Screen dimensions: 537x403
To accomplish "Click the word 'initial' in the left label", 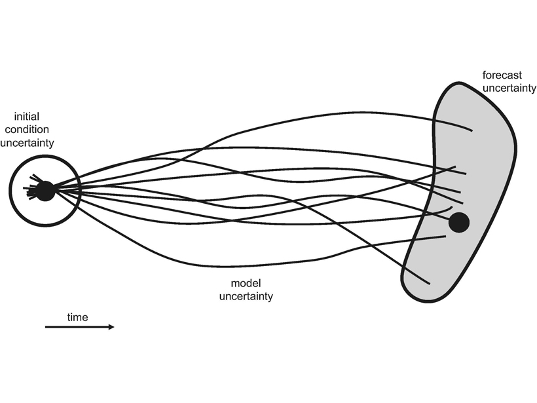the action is coord(27,117).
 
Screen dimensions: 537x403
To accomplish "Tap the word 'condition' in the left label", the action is coord(27,130).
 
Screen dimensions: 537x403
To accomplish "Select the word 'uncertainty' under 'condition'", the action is coord(27,143).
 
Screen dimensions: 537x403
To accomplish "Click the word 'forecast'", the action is coord(502,75).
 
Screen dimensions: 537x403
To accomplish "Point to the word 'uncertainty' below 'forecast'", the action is coord(509,88).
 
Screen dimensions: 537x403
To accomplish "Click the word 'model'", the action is coord(246,283).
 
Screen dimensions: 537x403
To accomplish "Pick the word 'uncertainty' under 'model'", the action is coord(246,296).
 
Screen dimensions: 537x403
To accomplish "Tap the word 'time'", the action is coord(78,317).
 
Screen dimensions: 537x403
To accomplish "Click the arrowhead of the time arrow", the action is coord(111,327).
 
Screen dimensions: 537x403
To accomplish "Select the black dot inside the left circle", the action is coord(45,191).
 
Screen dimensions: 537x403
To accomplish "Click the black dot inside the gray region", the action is coord(459,222).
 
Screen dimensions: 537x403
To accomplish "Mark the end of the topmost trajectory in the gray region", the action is coord(472,130).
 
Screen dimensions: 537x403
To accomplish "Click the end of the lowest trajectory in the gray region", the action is coord(430,284).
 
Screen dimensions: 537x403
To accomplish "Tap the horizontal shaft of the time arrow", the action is coord(77,327).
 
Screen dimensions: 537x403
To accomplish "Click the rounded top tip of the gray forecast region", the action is coord(458,83).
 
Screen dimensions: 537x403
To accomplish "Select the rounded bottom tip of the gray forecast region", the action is coord(428,301).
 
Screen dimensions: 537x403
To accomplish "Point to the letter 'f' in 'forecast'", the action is coord(485,75).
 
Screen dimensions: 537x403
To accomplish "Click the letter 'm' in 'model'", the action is coord(234,284).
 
